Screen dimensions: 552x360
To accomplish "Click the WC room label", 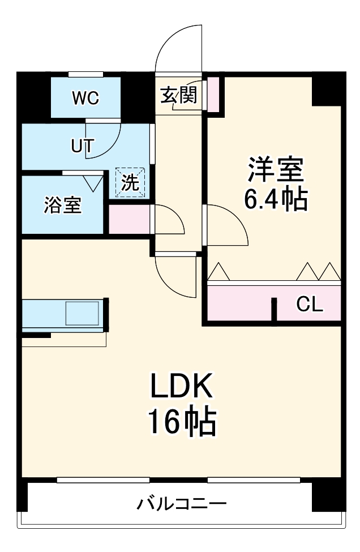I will coord(85,98).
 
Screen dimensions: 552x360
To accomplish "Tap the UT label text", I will coord(82,146).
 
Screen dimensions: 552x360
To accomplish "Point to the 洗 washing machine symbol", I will coord(131,182).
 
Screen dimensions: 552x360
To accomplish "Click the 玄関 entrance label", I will coord(178,95).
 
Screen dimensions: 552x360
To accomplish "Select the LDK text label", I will coord(181,389).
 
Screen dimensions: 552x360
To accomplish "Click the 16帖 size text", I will coord(181,422).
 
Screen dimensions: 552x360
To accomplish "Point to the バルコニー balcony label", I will coord(182,503).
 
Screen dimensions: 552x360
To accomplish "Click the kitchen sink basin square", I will coord(82,313).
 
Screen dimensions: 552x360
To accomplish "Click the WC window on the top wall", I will coord(85,74).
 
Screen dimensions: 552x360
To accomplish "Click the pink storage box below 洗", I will coord(129,220).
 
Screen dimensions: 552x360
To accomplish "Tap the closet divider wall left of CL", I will coord(274,309).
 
